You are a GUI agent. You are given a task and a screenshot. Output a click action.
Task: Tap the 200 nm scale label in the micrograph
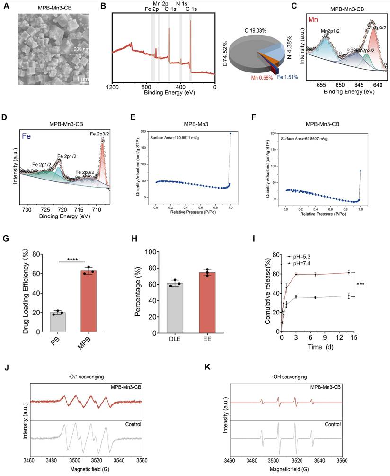point(81,49)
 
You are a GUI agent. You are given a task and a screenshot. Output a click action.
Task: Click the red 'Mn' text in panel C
point(313,20)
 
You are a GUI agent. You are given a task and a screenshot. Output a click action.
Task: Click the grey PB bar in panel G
point(58,321)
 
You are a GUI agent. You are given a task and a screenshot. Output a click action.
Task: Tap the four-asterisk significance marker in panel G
point(72,259)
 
